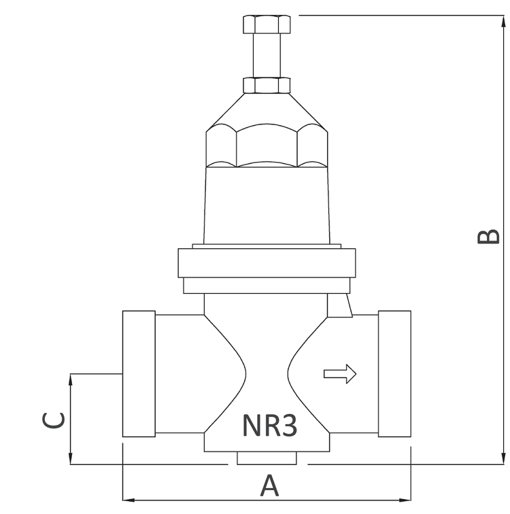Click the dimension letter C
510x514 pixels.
coord(54,420)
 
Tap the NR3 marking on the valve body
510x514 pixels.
coord(270,426)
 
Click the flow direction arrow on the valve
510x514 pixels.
coord(340,374)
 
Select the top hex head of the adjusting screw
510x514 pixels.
coord(267,24)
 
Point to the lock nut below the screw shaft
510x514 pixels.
coord(267,85)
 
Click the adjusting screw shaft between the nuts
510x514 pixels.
coord(267,55)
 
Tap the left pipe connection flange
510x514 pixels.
coord(139,374)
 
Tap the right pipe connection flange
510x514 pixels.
coord(394,374)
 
